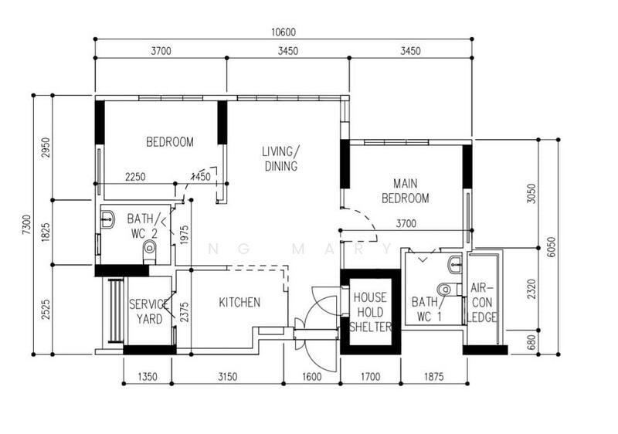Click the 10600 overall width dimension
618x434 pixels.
(x=283, y=32)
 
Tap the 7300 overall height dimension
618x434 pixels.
(x=26, y=225)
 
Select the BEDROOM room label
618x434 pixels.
(x=170, y=142)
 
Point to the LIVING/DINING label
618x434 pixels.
(x=281, y=159)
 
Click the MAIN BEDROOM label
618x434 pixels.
(x=406, y=191)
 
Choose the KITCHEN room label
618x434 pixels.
(x=239, y=303)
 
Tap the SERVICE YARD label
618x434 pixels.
(x=149, y=311)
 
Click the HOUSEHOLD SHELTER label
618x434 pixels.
(x=370, y=312)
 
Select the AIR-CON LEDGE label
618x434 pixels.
(x=481, y=303)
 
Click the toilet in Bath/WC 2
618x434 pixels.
(x=150, y=252)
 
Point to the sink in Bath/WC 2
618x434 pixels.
(x=107, y=219)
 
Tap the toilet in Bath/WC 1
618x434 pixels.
(x=449, y=290)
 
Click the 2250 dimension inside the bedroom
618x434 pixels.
(x=135, y=177)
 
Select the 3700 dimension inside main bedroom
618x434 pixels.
(x=406, y=224)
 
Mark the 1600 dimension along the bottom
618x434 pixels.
(x=312, y=377)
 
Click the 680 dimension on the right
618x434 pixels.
(x=531, y=342)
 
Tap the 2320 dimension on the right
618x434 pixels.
(x=531, y=289)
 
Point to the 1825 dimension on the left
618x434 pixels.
(x=46, y=232)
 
